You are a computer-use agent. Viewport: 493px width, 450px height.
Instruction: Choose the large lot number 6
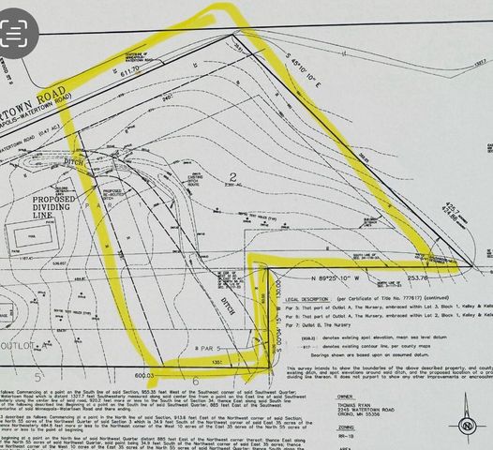point(195,382)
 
